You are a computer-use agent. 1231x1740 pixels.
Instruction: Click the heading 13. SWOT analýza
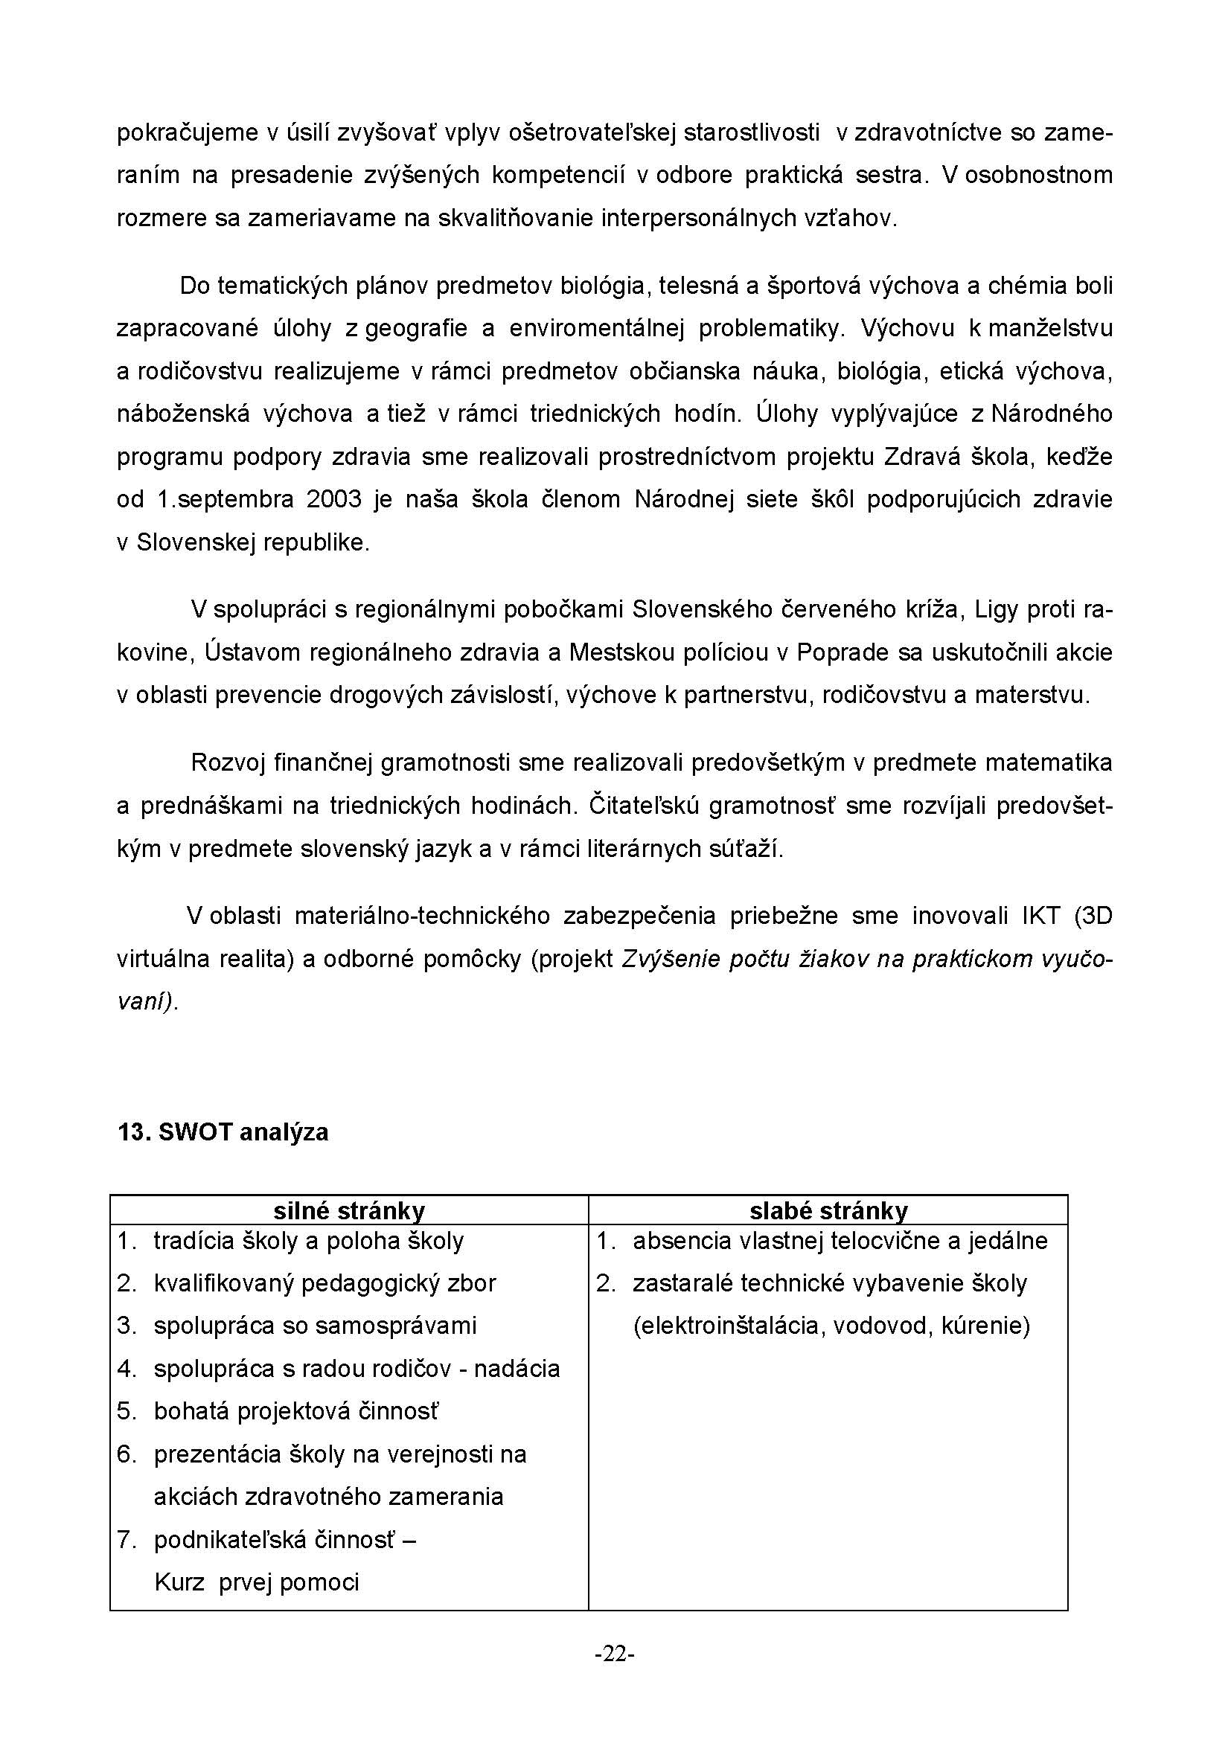click(x=223, y=1132)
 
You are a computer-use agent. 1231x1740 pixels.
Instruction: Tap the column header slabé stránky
click(x=828, y=1210)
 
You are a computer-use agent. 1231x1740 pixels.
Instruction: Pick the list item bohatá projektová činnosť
click(x=295, y=1411)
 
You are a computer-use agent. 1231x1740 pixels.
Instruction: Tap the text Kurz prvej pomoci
click(x=256, y=1582)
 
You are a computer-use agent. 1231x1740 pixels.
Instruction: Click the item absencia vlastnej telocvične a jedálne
click(x=840, y=1241)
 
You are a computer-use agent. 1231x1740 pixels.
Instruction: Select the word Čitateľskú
click(x=644, y=806)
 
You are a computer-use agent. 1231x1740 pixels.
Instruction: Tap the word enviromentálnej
click(x=597, y=328)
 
